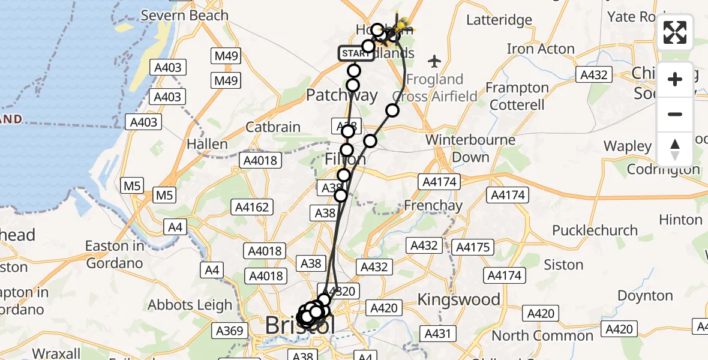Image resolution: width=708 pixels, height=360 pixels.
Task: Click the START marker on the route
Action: pos(356,54)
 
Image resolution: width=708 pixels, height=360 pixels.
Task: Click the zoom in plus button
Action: pos(675,79)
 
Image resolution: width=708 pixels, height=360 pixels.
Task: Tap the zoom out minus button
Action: pos(675,114)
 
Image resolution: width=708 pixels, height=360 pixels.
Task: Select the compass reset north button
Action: pos(675,149)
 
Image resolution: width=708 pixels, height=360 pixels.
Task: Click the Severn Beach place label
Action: pos(184,16)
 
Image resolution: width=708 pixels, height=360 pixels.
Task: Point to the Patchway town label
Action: pos(342,95)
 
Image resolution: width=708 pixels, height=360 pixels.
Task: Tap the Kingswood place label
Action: pos(459,299)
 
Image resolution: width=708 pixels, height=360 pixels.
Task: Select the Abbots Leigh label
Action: pos(190,305)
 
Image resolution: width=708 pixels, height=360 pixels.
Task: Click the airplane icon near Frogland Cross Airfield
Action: pos(435,61)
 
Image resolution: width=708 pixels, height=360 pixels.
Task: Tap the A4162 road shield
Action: pos(252,207)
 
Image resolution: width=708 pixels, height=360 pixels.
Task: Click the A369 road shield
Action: pos(230,331)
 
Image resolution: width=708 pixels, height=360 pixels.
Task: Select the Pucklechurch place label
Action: pos(586,230)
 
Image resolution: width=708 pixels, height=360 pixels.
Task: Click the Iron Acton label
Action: pos(540,49)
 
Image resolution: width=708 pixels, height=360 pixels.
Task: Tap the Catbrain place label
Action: pos(273,127)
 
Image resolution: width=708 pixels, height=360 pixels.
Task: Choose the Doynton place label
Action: pos(645,296)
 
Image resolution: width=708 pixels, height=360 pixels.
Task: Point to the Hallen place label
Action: pos(207,144)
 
